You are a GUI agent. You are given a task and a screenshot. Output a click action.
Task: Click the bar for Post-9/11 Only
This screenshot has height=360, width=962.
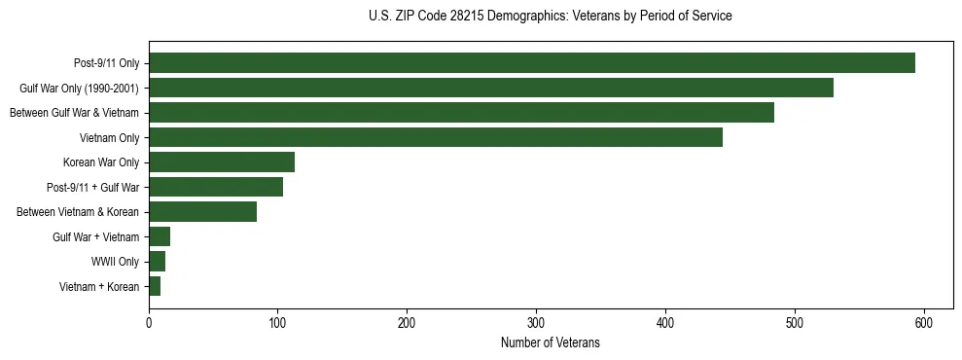click(x=532, y=63)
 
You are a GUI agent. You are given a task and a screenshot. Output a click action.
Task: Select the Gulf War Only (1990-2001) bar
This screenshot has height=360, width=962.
click(x=491, y=88)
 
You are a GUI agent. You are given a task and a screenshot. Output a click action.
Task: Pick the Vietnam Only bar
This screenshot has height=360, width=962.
click(x=436, y=137)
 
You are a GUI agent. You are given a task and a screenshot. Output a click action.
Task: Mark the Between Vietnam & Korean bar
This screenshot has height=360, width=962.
click(x=202, y=212)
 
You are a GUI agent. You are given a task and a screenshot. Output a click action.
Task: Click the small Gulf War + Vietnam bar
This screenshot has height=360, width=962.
click(x=160, y=236)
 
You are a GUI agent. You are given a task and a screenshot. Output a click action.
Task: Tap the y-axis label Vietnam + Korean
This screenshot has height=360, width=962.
click(x=99, y=287)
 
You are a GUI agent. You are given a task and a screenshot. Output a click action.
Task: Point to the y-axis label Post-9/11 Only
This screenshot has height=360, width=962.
click(x=107, y=63)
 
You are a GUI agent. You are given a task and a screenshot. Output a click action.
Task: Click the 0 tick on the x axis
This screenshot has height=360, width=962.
click(x=149, y=323)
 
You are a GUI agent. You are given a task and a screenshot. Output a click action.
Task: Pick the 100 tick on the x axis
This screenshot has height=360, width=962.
click(x=278, y=323)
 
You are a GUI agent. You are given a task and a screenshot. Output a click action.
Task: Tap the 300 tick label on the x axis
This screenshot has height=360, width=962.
click(x=536, y=323)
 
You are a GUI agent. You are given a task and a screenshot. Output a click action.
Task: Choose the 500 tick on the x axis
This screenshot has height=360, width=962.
click(x=795, y=323)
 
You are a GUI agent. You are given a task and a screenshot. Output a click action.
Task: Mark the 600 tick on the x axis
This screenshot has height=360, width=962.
click(x=924, y=323)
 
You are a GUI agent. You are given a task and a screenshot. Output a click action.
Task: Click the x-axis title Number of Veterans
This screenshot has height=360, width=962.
click(x=551, y=342)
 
